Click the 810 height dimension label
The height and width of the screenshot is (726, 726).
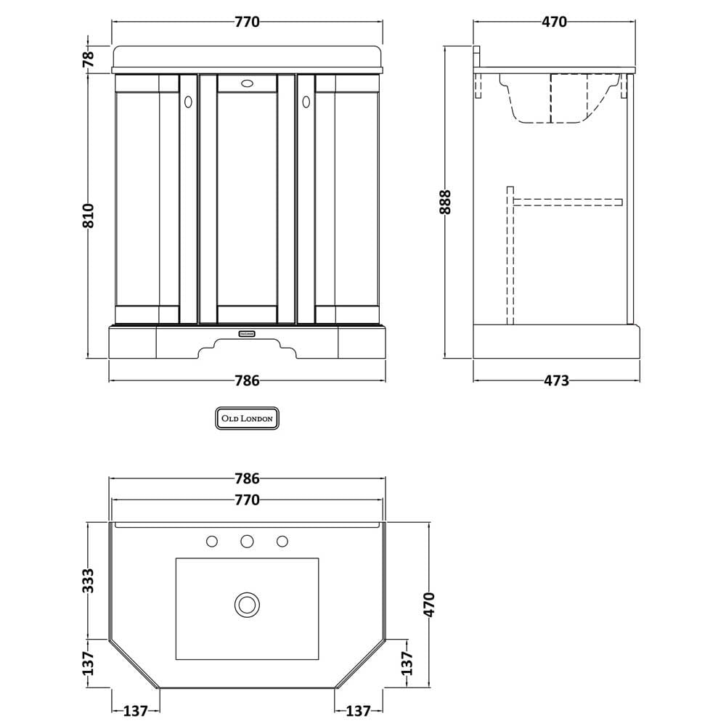pos(88,216)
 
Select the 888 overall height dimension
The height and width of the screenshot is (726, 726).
pos(444,202)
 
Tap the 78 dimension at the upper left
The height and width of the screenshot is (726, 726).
pos(88,58)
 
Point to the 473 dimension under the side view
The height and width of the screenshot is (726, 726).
pos(556,380)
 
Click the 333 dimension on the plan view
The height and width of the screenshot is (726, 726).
pos(88,581)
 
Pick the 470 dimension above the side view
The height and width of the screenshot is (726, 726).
pos(554,22)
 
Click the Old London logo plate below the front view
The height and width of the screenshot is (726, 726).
pos(248,418)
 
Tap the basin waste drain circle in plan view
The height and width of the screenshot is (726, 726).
pos(247,605)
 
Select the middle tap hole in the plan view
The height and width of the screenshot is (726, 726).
pos(247,542)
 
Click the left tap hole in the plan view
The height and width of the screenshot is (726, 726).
pos(211,542)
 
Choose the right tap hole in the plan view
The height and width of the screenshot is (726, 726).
pos(282,542)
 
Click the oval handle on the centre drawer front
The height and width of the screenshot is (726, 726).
pos(248,83)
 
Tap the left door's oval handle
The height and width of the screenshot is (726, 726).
pos(188,102)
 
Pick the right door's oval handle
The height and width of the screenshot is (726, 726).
pos(306,102)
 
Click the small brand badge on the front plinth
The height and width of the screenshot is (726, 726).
pos(247,333)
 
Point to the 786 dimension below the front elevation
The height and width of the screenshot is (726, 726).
pos(248,380)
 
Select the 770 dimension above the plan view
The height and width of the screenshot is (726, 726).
pos(248,500)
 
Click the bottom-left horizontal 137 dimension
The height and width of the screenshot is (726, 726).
pos(136,711)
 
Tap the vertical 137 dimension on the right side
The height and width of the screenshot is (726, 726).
pos(406,664)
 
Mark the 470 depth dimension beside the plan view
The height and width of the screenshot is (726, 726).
pos(429,605)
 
